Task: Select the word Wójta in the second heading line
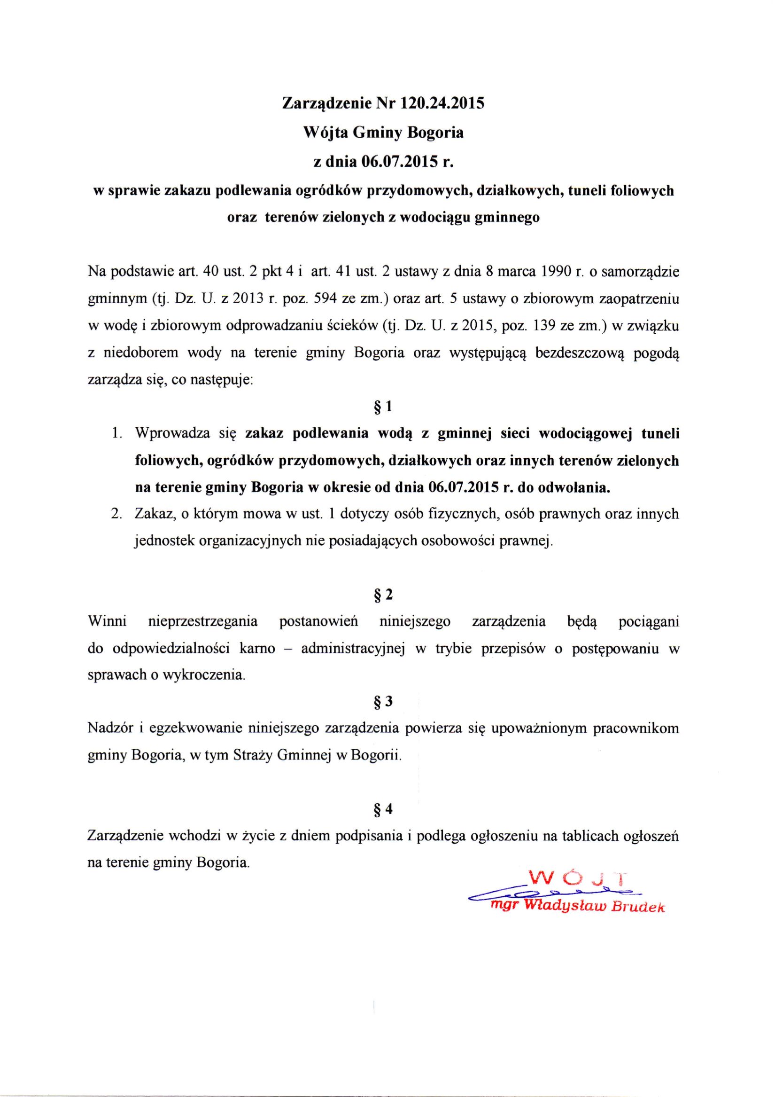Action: (325, 133)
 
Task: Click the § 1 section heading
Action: (383, 407)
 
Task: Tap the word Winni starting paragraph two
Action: (108, 622)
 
